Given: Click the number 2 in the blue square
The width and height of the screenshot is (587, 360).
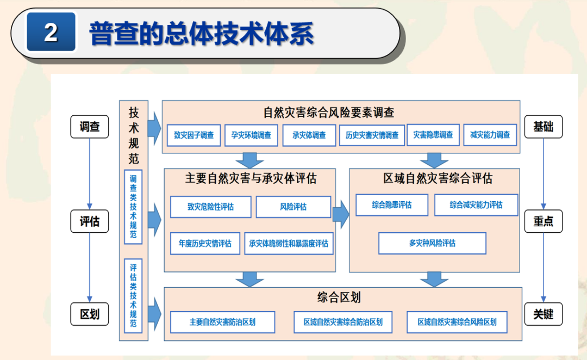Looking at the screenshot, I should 51,33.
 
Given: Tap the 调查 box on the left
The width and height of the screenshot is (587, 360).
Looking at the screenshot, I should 90,127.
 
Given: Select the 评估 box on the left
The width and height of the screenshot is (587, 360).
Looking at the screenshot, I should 90,221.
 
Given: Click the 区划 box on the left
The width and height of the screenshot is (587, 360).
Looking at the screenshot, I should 90,314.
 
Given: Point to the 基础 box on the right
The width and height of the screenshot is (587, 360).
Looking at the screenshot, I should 543,127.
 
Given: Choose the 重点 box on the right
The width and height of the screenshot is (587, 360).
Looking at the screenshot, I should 543,221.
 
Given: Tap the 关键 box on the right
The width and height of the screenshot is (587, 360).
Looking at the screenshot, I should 543,314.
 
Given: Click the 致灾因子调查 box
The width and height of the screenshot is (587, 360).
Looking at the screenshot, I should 194,135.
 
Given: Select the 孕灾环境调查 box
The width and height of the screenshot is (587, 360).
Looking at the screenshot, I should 251,135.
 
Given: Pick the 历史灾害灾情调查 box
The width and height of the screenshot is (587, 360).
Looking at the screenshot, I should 372,135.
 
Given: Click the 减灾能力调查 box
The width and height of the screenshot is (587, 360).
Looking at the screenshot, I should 490,135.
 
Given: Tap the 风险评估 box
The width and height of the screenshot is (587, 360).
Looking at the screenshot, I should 293,207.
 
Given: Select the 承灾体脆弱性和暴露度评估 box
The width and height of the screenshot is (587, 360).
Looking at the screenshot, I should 289,243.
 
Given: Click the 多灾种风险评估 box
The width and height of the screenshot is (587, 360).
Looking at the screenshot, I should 432,243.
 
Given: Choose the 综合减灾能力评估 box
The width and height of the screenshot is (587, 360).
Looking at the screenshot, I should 476,205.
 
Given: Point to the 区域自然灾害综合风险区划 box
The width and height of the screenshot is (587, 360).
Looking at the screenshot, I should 457,322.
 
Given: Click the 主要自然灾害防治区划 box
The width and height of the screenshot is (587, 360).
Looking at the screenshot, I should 222,322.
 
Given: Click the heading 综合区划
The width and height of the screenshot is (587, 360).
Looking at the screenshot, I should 339,297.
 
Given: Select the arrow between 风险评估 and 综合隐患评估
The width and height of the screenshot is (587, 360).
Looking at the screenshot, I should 341,214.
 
